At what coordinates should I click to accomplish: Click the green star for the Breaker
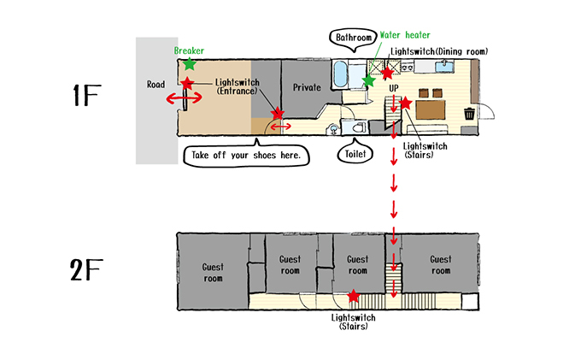189,63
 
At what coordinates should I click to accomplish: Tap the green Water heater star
368,80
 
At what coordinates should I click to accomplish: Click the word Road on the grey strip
156,84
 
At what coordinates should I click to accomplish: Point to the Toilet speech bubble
355,155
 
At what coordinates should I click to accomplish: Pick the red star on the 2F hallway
354,296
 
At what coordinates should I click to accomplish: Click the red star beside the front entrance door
187,82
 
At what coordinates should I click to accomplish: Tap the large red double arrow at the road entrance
184,99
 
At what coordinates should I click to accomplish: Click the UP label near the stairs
394,89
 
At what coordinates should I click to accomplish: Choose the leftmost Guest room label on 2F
213,272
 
